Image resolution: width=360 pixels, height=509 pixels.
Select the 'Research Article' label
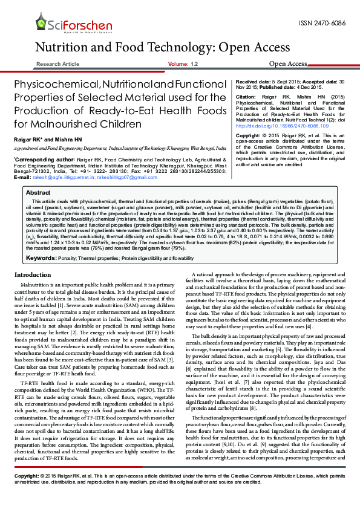pyautogui.click(x=57, y=63)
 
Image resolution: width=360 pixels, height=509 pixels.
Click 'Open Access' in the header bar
pyautogui.click(x=288, y=63)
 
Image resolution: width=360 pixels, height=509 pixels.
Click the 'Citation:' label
pyautogui.click(x=246, y=97)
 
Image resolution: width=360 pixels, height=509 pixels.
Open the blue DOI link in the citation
pyautogui.click(x=270, y=126)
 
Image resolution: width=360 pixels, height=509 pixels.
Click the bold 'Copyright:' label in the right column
pyautogui.click(x=249, y=136)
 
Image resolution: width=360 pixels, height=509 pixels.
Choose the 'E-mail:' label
pyautogui.click(x=22, y=177)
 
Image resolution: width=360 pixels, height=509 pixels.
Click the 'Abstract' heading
pyautogui.click(x=38, y=192)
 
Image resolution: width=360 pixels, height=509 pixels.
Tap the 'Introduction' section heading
pyautogui.click(x=32, y=275)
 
